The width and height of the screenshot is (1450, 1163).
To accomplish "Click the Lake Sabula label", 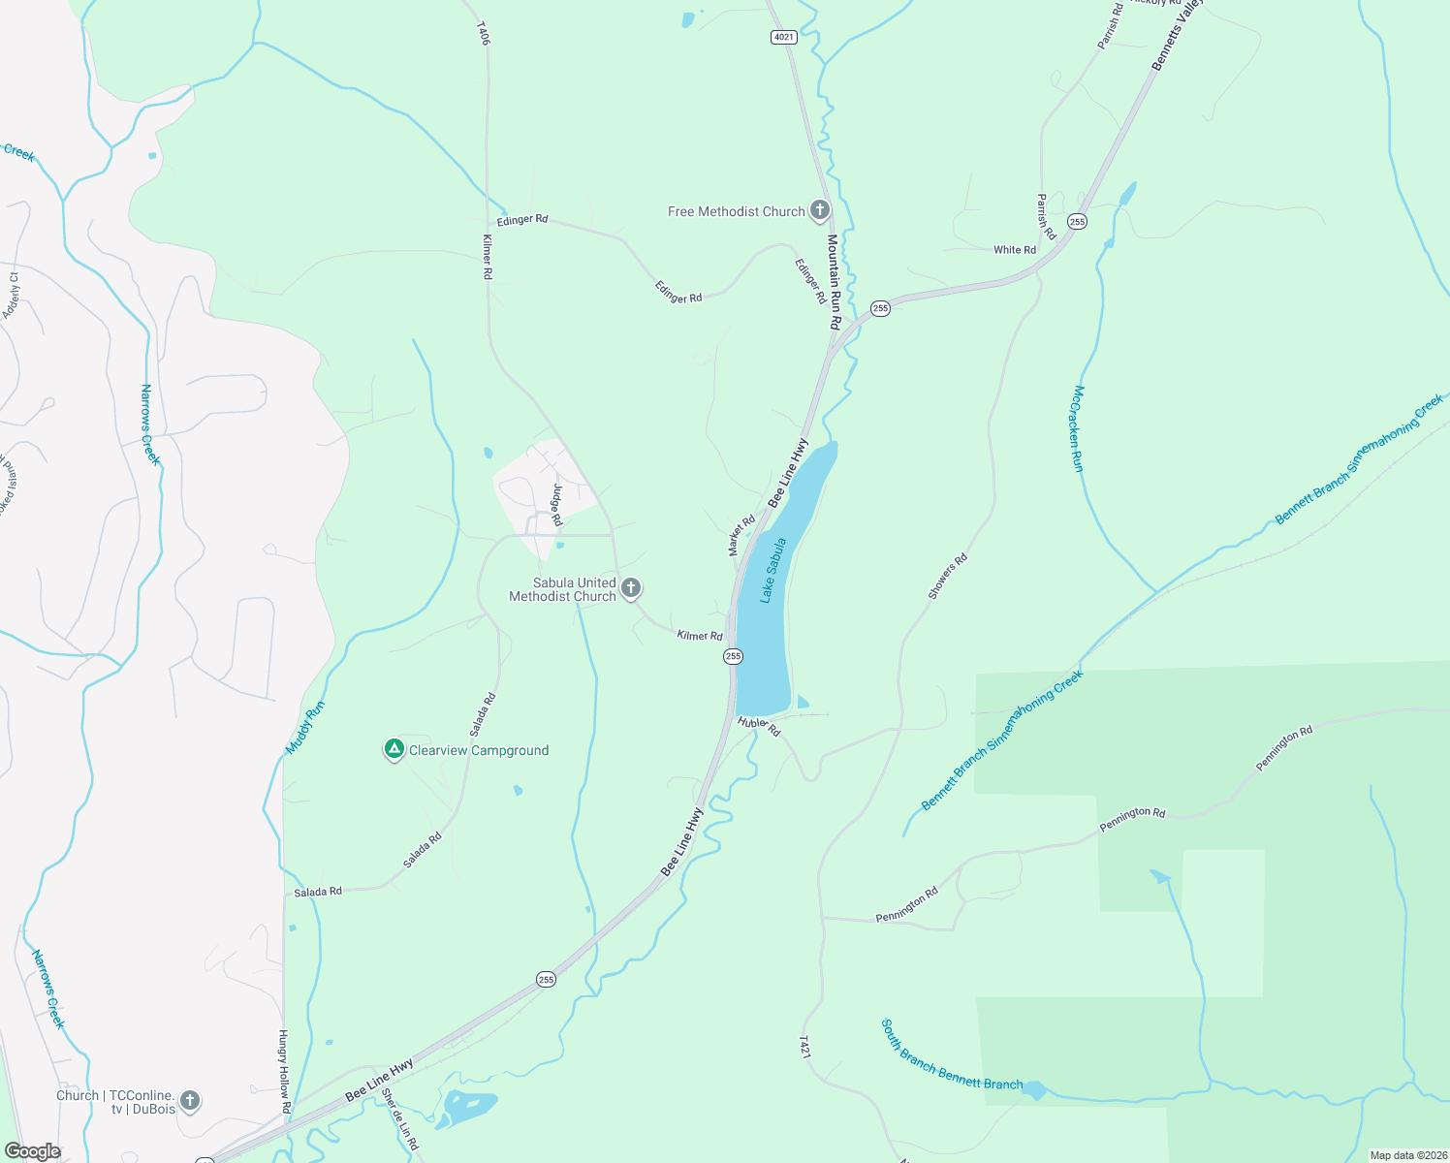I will (x=772, y=571).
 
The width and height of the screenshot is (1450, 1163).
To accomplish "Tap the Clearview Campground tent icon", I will (x=394, y=749).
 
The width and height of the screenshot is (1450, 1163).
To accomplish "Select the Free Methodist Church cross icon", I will (x=820, y=210).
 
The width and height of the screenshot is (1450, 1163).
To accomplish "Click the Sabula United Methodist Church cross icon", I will (x=631, y=587).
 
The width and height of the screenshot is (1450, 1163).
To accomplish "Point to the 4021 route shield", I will (x=784, y=37).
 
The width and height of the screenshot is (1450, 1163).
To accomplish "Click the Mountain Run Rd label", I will (x=833, y=281).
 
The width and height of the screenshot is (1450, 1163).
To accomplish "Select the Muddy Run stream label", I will (x=305, y=728).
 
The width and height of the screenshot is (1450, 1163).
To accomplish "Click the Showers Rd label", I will (x=947, y=577).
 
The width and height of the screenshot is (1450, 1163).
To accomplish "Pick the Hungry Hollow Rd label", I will (x=284, y=1070).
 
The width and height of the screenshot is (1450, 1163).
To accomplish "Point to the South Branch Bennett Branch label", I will (x=951, y=1055).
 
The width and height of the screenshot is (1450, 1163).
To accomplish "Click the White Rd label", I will (x=1015, y=250).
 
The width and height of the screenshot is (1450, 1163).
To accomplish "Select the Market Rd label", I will (x=741, y=536).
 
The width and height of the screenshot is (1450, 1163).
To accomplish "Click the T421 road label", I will (x=804, y=1047).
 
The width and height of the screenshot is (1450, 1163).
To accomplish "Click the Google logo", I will (x=33, y=1151).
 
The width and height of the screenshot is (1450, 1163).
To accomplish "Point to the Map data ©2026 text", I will (x=1406, y=1155).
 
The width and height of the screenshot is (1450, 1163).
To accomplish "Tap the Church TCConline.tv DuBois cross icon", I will (x=190, y=1100).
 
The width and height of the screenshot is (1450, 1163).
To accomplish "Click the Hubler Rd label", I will (x=759, y=726).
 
